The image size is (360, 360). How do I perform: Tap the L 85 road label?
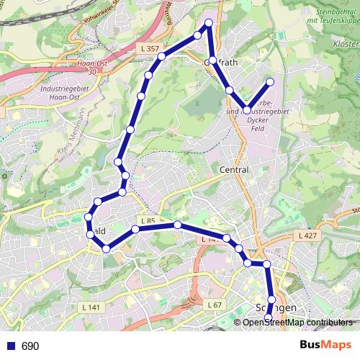[x=148, y=220]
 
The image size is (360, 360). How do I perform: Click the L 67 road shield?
[x=214, y=305]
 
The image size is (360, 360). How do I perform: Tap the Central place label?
[x=233, y=170]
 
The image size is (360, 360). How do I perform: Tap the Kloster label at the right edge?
[x=346, y=44]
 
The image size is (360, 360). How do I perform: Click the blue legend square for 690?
[x=9, y=346]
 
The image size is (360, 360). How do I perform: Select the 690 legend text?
[x=30, y=346]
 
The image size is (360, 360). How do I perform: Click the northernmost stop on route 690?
[x=210, y=24]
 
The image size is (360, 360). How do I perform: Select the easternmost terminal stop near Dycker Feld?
[x=271, y=81]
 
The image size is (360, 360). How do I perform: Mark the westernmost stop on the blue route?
[x=89, y=217]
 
